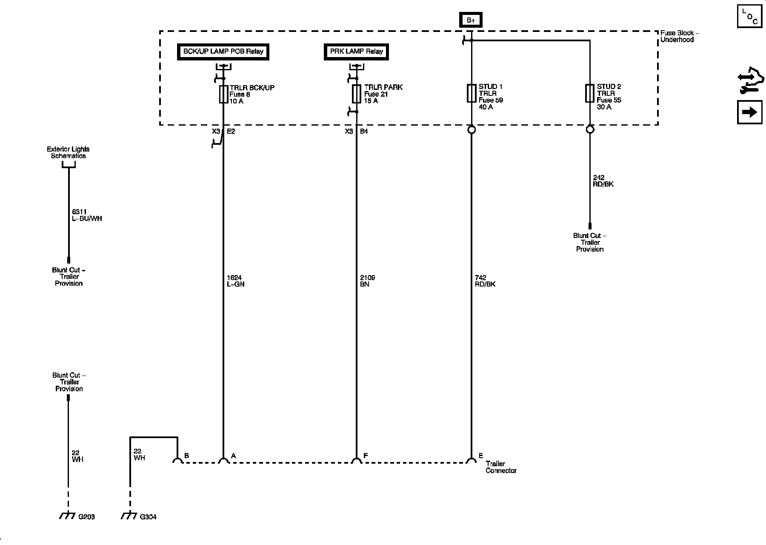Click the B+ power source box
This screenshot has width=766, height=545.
[x=471, y=20]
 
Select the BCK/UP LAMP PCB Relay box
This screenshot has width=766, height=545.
[x=223, y=52]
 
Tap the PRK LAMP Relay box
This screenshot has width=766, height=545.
[x=356, y=52]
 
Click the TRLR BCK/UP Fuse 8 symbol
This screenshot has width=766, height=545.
[x=223, y=94]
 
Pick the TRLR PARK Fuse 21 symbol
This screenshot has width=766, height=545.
[x=356, y=94]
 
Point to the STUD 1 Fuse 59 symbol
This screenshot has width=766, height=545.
[x=471, y=93]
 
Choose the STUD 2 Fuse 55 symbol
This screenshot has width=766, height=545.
[x=589, y=93]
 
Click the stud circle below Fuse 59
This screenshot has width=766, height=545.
[x=471, y=129]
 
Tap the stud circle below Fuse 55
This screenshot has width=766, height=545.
[x=589, y=129]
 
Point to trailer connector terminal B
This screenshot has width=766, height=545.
[x=177, y=460]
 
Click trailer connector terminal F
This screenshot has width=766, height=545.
[x=356, y=460]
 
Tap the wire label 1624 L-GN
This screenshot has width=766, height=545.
[x=235, y=281]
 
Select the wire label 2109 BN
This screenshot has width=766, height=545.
[x=367, y=281]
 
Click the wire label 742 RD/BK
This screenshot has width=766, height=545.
[x=485, y=281]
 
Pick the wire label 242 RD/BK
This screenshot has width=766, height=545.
[x=603, y=181]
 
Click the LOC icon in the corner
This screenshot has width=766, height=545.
[x=749, y=16]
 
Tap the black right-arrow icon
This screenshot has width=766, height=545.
[x=749, y=112]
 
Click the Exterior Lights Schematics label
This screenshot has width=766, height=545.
[x=68, y=152]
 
